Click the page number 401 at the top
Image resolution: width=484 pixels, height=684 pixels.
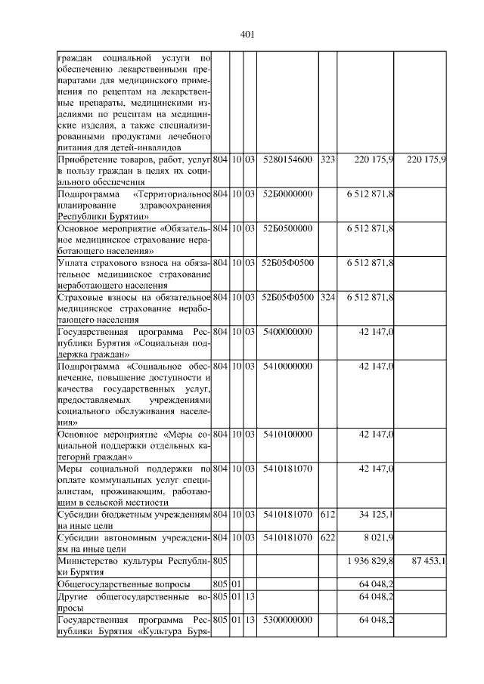(x=247, y=33)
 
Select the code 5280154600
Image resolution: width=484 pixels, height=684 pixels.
(x=287, y=160)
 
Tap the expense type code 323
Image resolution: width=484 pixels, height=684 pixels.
(x=327, y=160)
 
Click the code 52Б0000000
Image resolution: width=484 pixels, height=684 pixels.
(x=287, y=194)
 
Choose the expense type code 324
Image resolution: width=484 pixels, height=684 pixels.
(x=327, y=297)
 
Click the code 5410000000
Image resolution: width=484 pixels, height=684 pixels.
(x=287, y=367)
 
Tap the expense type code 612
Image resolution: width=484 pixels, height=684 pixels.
(x=327, y=515)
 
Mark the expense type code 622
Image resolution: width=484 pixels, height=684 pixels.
(x=327, y=538)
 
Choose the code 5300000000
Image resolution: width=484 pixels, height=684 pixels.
(x=287, y=620)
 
